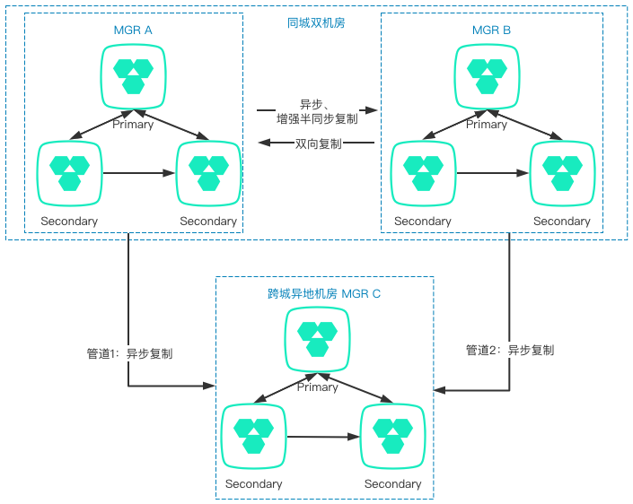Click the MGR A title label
click(x=133, y=30)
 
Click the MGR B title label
click(x=491, y=30)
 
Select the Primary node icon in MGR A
click(x=133, y=74)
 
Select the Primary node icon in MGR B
click(x=487, y=74)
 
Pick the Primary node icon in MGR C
click(x=317, y=336)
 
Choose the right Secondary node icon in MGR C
click(x=392, y=434)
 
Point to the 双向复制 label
click(x=318, y=143)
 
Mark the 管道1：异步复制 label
click(x=124, y=353)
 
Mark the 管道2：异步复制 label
click(x=509, y=350)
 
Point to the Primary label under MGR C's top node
click(x=317, y=387)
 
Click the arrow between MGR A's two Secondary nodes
click(x=139, y=171)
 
